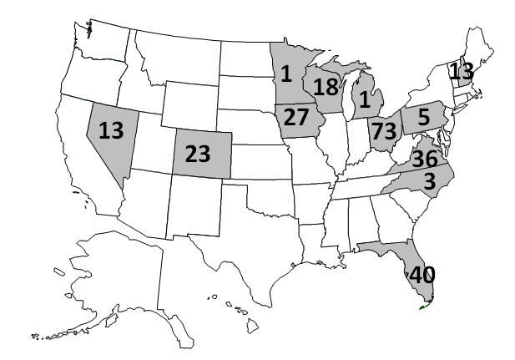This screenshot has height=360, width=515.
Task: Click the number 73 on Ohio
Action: [383, 131]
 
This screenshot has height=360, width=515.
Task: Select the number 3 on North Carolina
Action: [427, 181]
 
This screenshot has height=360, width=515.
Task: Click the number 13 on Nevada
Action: [111, 130]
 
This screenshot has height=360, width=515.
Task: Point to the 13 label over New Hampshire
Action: [461, 71]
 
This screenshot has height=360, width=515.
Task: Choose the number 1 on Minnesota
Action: [285, 74]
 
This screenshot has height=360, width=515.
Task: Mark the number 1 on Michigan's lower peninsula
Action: [364, 100]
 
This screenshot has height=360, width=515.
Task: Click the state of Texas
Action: [242, 242]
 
